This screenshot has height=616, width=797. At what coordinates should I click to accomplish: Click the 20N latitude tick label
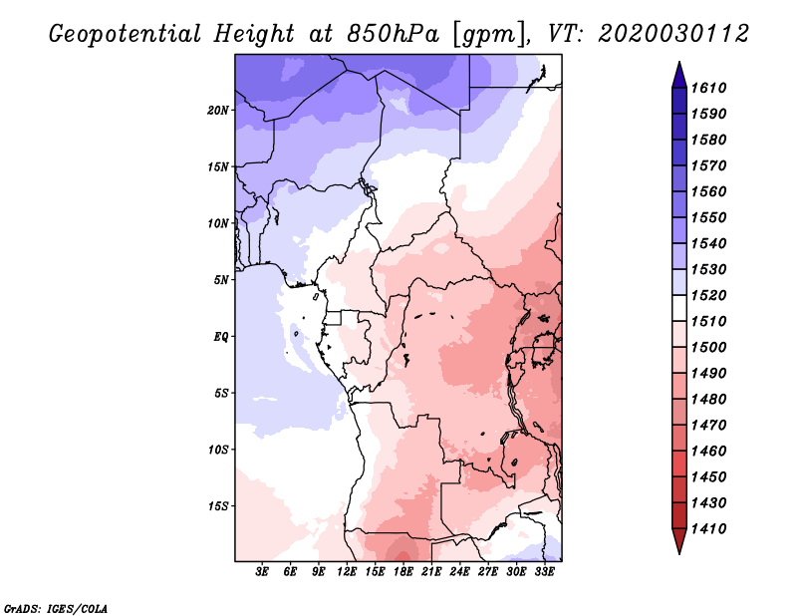click(x=218, y=110)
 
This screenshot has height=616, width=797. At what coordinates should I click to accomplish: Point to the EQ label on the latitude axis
click(x=221, y=336)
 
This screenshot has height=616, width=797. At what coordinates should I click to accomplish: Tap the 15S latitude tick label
click(x=218, y=505)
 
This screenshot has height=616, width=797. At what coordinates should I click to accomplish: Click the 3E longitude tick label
click(x=263, y=572)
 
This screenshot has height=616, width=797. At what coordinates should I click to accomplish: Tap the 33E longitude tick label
click(x=544, y=572)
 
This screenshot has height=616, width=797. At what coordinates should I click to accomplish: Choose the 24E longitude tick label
click(x=459, y=572)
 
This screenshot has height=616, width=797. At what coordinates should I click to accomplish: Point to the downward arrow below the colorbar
click(x=677, y=542)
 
